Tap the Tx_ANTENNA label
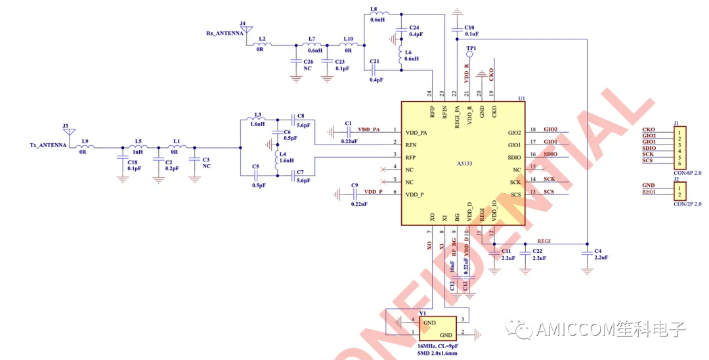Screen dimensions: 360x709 tap(48, 145)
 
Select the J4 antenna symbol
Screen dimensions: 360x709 tap(243, 31)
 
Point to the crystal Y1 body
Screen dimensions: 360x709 tap(437, 328)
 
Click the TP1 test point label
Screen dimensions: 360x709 tap(471, 49)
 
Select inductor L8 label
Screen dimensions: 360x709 tap(374, 9)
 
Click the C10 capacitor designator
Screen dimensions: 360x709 tap(470, 27)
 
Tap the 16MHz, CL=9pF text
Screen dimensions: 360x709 tap(438, 346)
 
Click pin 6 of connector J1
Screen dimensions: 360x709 tap(679, 163)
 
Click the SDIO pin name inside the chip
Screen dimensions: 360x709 tap(514, 157)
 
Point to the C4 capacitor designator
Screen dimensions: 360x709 tap(598, 251)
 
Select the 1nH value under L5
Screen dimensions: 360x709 tap(139, 152)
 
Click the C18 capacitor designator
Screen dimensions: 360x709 tap(133, 162)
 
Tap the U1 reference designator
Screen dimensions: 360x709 tap(522, 99)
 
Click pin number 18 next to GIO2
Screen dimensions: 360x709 tap(533, 129)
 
